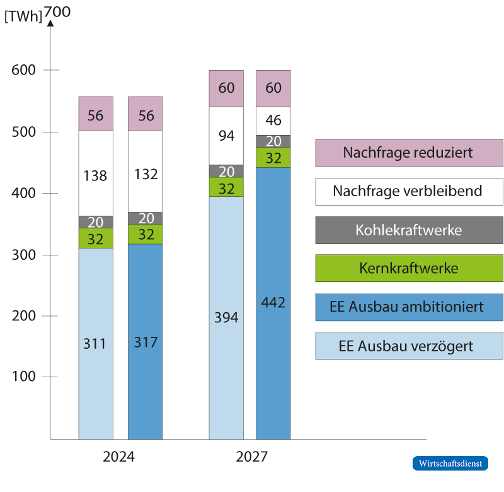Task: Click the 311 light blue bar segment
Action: coord(95,343)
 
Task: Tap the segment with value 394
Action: coord(226,317)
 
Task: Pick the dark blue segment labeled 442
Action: coord(273,303)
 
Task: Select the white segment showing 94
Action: coord(226,136)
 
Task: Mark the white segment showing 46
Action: coord(273,120)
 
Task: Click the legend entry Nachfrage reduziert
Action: coord(409,153)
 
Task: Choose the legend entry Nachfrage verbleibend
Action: coord(409,191)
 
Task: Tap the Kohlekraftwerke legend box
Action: coord(409,230)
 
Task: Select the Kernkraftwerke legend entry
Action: coord(409,269)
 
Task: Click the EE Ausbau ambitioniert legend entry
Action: coord(409,307)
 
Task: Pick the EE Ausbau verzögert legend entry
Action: coord(409,346)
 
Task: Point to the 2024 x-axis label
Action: coord(118,457)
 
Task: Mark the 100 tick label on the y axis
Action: coord(26,377)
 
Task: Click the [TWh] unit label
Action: coord(23,16)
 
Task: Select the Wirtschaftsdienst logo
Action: coord(450,463)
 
